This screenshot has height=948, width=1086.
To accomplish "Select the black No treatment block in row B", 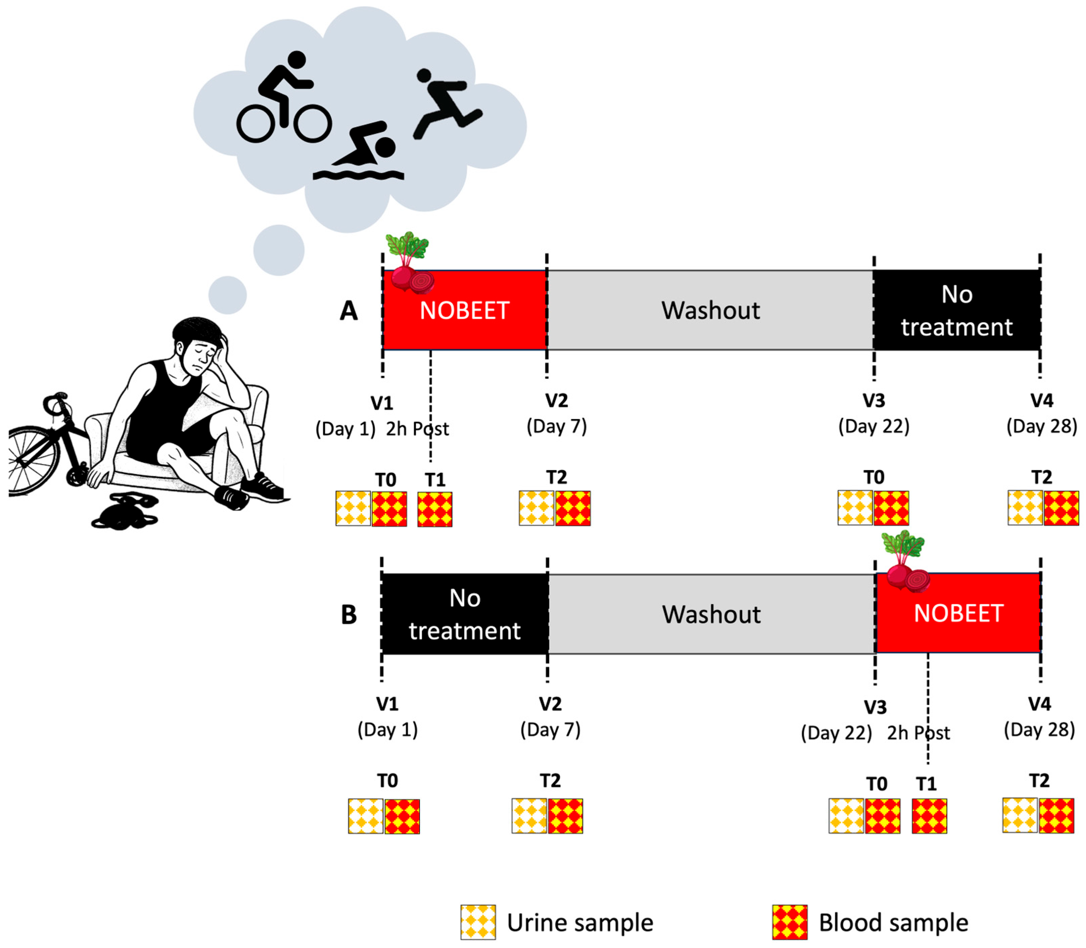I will tap(464, 614).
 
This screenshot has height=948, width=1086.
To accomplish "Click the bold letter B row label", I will tap(349, 615).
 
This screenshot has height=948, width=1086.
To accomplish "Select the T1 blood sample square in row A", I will tap(435, 509).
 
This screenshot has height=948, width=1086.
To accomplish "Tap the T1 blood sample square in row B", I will tap(929, 816).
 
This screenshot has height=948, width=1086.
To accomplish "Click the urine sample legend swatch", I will tap(478, 922).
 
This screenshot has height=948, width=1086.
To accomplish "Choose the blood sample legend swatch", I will tap(789, 922).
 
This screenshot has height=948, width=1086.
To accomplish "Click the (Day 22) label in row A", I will tap(874, 426).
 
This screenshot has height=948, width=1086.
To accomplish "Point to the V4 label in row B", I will tap(1039, 704).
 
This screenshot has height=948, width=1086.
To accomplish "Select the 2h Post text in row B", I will tap(918, 733).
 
